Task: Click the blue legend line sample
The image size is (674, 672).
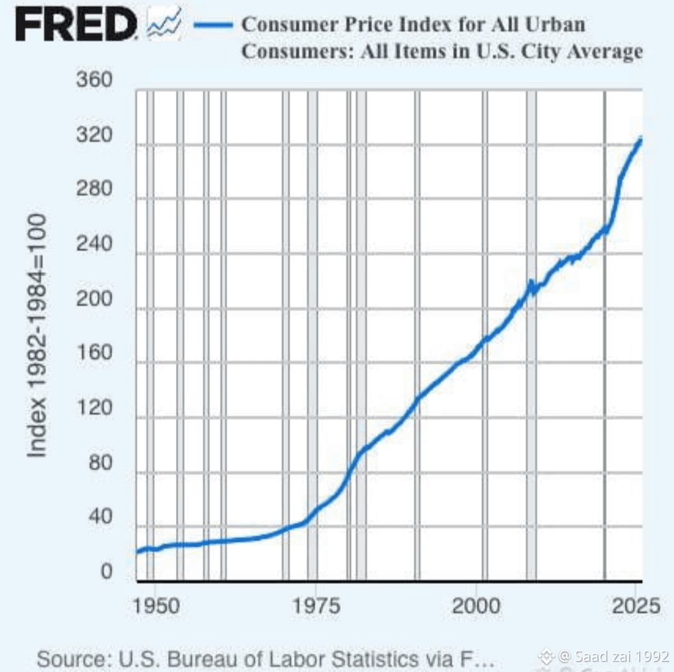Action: pyautogui.click(x=213, y=26)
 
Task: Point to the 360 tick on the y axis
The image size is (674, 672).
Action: pyautogui.click(x=94, y=81)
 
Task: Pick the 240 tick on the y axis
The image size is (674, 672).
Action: pyautogui.click(x=94, y=244)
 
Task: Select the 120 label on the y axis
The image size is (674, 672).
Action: pyautogui.click(x=94, y=408)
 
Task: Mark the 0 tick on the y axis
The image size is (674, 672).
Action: pyautogui.click(x=107, y=571)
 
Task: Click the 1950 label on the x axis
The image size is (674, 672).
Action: pyautogui.click(x=154, y=605)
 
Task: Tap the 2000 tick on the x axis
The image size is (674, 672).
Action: pyautogui.click(x=476, y=605)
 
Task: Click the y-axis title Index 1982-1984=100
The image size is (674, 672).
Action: pyautogui.click(x=38, y=335)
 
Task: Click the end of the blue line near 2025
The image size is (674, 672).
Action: pyautogui.click(x=640, y=140)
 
